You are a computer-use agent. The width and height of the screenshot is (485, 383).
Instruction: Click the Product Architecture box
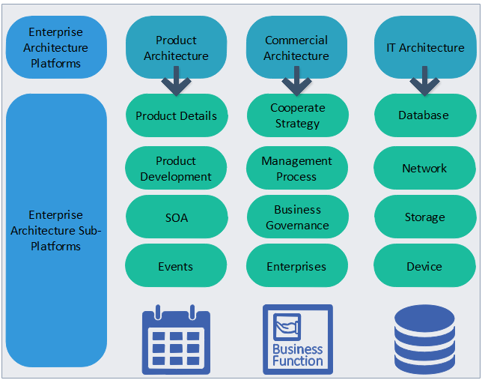tap(176, 47)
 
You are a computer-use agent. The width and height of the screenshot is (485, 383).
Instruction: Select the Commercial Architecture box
tap(296, 47)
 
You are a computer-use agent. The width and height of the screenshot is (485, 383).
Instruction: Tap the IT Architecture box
tap(424, 47)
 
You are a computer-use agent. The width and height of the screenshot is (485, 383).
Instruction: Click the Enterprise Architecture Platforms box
tap(56, 47)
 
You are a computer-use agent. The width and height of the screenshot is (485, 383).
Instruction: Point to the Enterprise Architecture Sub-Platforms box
tap(56, 230)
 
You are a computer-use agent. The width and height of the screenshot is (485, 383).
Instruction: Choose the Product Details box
tap(176, 115)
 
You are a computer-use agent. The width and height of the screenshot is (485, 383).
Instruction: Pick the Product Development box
tap(176, 169)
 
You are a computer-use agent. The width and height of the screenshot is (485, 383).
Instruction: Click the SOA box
tap(176, 217)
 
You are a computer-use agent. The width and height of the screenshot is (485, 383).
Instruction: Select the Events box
tap(176, 266)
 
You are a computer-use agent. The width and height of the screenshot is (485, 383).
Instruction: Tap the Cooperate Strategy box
tap(296, 115)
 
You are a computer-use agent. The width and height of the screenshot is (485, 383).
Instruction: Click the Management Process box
tap(296, 169)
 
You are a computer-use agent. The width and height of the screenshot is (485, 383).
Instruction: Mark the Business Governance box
tap(296, 217)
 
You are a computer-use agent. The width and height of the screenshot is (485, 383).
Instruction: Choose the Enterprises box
tap(296, 266)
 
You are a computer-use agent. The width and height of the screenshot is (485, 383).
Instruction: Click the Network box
tap(424, 169)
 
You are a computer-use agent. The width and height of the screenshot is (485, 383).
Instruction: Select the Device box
tap(424, 266)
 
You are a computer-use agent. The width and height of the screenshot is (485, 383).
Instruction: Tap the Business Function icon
tap(297, 339)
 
